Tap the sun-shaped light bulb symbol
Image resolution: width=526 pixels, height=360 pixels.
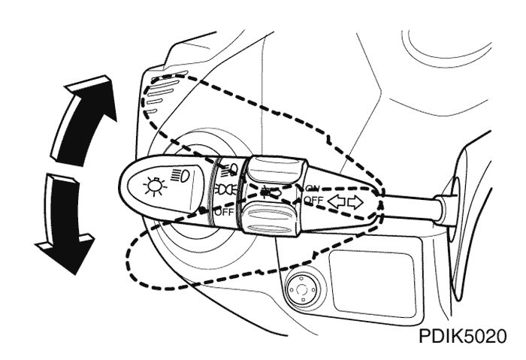pyautogui.click(x=155, y=186)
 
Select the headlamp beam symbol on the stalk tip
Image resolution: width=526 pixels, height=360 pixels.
pyautogui.click(x=180, y=175)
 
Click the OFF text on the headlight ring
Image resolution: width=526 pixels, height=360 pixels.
pyautogui.click(x=225, y=212)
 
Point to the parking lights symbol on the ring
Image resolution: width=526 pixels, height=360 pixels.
pyautogui.click(x=225, y=191)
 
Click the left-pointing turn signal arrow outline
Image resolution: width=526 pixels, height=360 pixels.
pyautogui.click(x=337, y=202)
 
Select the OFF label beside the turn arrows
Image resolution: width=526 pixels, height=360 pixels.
pyautogui.click(x=313, y=201)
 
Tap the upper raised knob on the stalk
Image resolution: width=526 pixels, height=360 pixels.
pyautogui.click(x=276, y=170)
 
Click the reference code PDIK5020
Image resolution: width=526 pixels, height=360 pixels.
pyautogui.click(x=463, y=337)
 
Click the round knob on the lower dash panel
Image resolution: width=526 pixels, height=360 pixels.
pyautogui.click(x=301, y=288)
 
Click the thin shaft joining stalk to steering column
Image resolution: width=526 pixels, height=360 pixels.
pyautogui.click(x=409, y=207)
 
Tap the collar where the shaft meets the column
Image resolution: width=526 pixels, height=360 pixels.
pyautogui.click(x=443, y=210)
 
